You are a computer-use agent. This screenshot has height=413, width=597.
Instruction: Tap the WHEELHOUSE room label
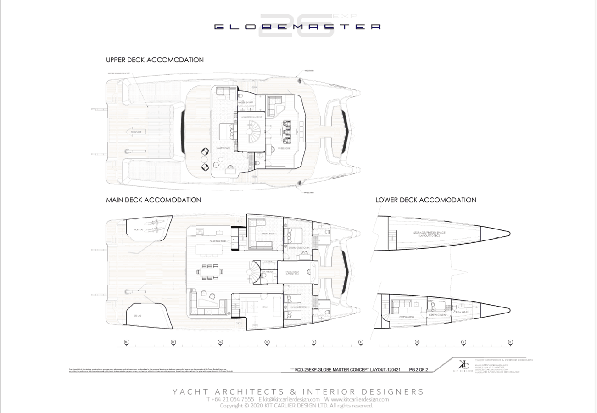click(x=285, y=148)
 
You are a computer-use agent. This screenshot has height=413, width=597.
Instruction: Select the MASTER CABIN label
click(x=223, y=148)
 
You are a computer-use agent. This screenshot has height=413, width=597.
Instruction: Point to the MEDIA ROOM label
click(x=268, y=233)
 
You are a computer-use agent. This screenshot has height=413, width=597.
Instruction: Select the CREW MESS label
click(x=405, y=317)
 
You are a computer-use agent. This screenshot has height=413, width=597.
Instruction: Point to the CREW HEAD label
click(x=461, y=312)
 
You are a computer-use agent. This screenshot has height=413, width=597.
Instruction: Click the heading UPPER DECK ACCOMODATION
click(x=155, y=60)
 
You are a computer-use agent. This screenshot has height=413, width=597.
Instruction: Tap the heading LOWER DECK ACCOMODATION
click(x=425, y=200)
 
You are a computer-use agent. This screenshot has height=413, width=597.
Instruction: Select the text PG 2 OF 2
click(x=418, y=369)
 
